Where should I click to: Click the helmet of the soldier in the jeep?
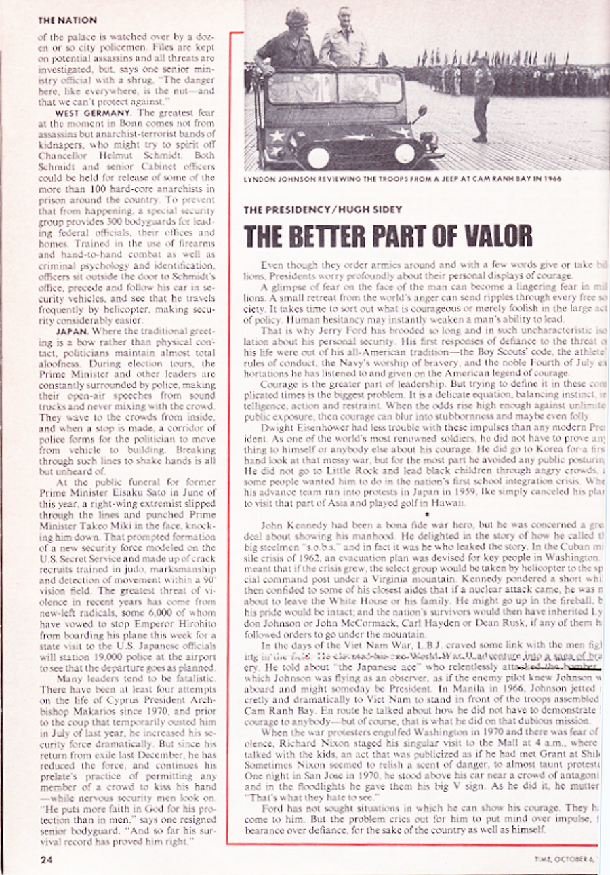click(298, 19)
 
